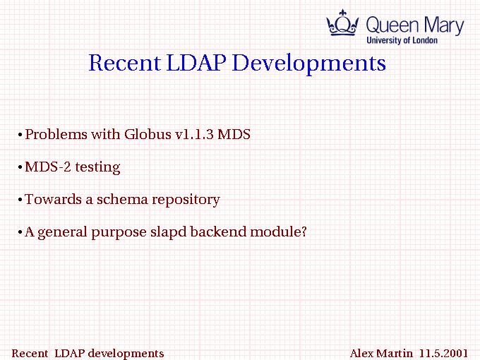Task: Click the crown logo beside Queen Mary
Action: [342, 23]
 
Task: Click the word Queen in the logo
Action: [392, 25]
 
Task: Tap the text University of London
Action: [402, 40]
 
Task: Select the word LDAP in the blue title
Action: [196, 63]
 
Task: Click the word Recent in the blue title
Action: [125, 63]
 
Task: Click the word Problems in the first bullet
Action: [56, 134]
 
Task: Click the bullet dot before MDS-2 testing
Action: [20, 167]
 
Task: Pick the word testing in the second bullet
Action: [97, 168]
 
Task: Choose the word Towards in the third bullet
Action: [53, 199]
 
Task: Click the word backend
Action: [218, 232]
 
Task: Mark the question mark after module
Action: [304, 232]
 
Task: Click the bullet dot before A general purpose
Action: [20, 232]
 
